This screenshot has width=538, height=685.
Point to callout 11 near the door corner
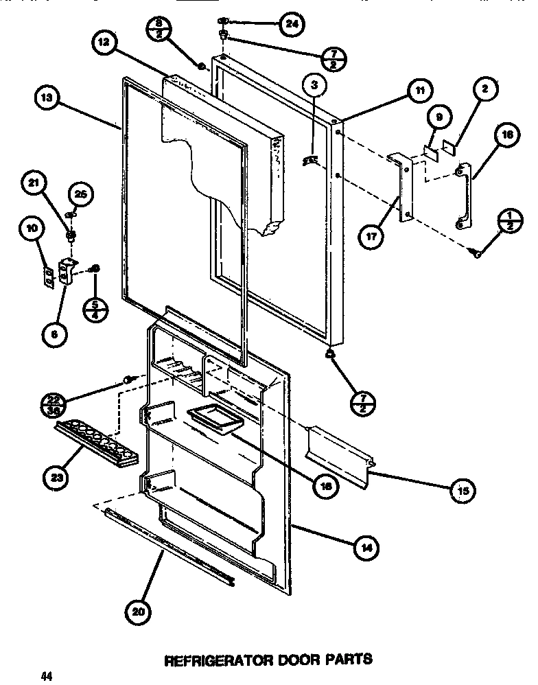pyautogui.click(x=418, y=89)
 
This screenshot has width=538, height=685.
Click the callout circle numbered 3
pyautogui.click(x=314, y=86)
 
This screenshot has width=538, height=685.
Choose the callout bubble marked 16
pyautogui.click(x=506, y=136)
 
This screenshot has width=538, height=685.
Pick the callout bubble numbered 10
pyautogui.click(x=32, y=228)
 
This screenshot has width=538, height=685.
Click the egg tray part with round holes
pyautogui.click(x=96, y=444)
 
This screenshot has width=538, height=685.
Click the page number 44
pyautogui.click(x=46, y=676)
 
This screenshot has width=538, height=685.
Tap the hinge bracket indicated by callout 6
pyautogui.click(x=67, y=272)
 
